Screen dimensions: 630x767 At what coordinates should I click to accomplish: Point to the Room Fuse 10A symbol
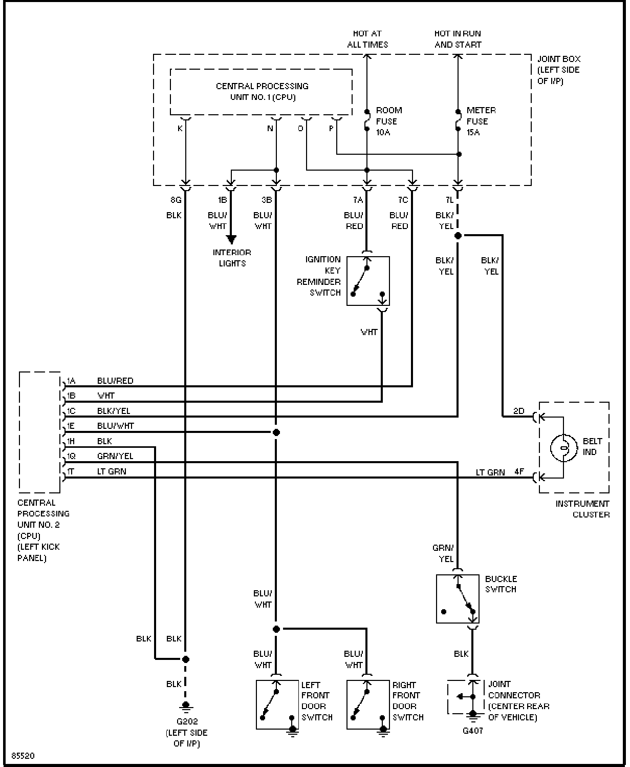click(367, 120)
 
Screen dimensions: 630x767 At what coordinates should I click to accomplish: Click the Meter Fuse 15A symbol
click(458, 120)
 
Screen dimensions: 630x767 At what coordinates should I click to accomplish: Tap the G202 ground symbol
click(186, 706)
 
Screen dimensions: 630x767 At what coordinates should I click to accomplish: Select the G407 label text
click(473, 730)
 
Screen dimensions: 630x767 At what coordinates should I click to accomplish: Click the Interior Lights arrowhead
click(231, 239)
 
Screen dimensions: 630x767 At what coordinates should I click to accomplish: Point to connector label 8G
click(176, 200)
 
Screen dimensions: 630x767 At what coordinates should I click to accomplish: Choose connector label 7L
click(449, 200)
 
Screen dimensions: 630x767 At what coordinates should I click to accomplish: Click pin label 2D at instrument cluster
click(519, 411)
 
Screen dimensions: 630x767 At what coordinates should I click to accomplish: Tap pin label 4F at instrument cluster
click(519, 472)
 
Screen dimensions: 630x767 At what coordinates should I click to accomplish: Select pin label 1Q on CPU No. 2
click(71, 456)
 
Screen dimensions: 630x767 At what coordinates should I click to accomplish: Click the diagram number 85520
click(23, 756)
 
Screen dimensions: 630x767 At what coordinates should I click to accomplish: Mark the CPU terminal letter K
click(180, 129)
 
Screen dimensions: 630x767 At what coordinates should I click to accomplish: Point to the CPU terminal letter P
click(331, 129)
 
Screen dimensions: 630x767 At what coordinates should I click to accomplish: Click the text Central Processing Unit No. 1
click(263, 92)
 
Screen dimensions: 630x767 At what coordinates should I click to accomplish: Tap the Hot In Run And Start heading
click(458, 39)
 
